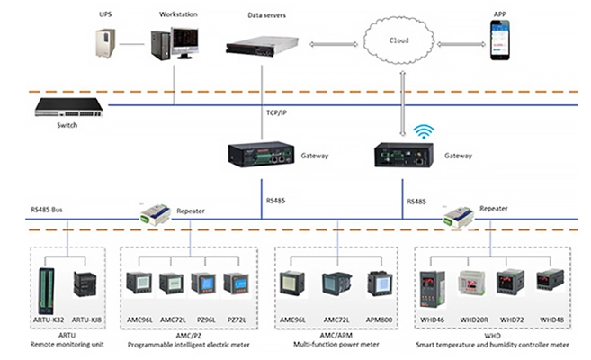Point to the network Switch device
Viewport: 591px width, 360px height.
point(67,107)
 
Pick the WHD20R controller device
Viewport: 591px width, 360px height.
point(475,283)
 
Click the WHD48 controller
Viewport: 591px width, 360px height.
point(550,281)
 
